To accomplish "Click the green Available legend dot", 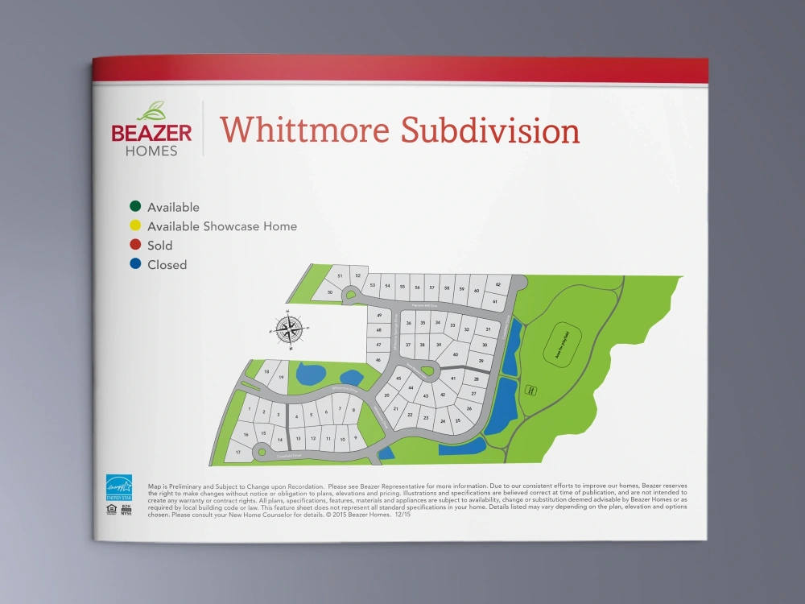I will (134, 207).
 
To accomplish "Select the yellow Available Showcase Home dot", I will (134, 226).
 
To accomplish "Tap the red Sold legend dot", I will (134, 246).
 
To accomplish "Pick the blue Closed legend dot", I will (134, 265).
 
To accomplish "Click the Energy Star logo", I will (119, 488).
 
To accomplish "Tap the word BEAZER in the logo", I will (151, 132).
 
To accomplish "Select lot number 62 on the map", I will (499, 284).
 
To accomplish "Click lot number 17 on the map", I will (237, 453).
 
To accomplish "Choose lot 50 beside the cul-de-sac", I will (330, 292).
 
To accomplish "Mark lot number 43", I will (426, 396).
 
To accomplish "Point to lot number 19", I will (282, 377).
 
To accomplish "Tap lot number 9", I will (355, 439).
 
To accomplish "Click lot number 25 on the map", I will (458, 420).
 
